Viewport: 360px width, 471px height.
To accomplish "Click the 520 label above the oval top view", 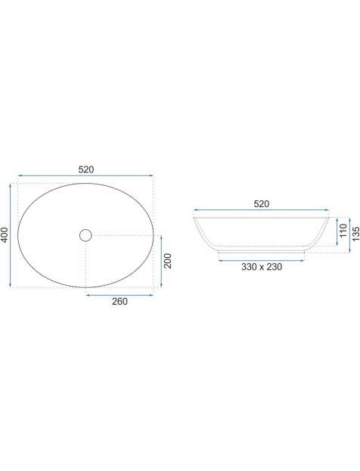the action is point(86,169).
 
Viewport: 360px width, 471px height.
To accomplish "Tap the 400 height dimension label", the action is point(5,235).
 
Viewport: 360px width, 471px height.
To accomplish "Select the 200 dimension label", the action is point(167,261).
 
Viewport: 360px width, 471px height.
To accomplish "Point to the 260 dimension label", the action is point(119,302).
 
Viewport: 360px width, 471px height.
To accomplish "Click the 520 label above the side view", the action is point(262,204).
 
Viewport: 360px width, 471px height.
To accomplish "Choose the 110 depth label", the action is point(343,231).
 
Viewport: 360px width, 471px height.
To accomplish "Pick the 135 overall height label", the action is point(355,234).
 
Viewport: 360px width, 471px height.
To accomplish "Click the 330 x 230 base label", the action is point(262,267).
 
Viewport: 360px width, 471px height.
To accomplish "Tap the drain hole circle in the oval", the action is point(85,235).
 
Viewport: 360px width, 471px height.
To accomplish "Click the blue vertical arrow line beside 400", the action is point(11,236).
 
